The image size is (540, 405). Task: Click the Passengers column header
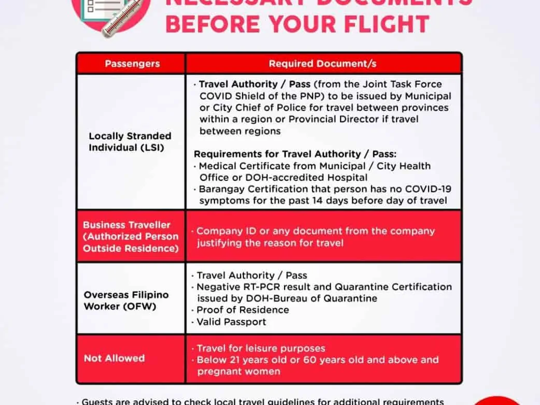[x=132, y=64]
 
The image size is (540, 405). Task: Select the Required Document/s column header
[x=322, y=64]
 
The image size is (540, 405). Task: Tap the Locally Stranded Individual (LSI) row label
[x=130, y=141]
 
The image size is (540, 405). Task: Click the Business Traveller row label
[x=131, y=237]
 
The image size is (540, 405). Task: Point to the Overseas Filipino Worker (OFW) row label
[x=126, y=300]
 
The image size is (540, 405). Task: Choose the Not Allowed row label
[x=114, y=358]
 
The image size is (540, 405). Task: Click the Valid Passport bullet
[x=231, y=322]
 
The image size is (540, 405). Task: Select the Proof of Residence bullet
[x=243, y=310]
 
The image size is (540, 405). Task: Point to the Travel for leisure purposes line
[x=261, y=348]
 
